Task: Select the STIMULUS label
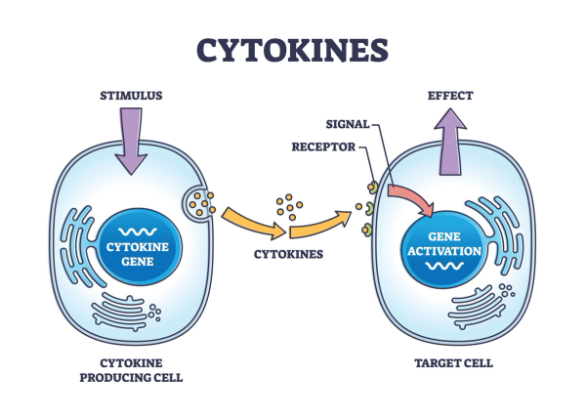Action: click(x=132, y=96)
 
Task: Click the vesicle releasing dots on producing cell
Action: click(x=199, y=204)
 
